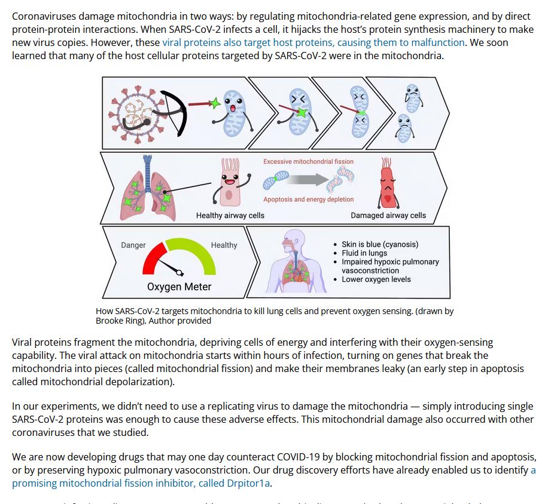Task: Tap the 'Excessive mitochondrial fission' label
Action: (308, 162)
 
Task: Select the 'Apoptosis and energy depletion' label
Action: (308, 199)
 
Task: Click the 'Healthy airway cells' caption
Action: (230, 216)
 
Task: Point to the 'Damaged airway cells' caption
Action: (388, 216)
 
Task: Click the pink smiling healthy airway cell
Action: (230, 182)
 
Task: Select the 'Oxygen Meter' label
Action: (179, 287)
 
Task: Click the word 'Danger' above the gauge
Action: (133, 245)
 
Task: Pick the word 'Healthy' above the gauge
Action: (224, 245)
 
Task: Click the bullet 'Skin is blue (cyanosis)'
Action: (379, 244)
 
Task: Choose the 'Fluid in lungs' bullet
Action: (364, 253)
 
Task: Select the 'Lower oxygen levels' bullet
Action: (376, 279)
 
